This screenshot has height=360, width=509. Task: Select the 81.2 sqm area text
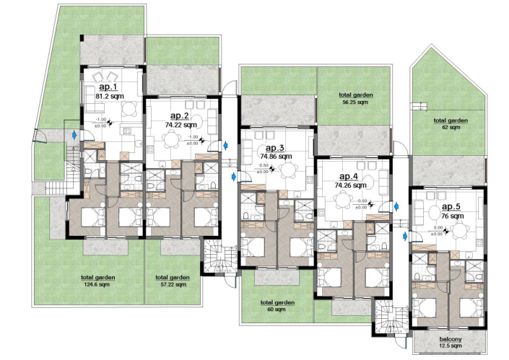pyautogui.click(x=110, y=95)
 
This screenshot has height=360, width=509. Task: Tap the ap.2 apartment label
pyautogui.click(x=179, y=115)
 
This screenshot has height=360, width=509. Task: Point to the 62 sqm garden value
pyautogui.click(x=451, y=128)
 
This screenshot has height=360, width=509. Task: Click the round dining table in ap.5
pyautogui.click(x=459, y=231)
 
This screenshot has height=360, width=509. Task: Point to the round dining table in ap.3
pyautogui.click(x=289, y=172)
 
